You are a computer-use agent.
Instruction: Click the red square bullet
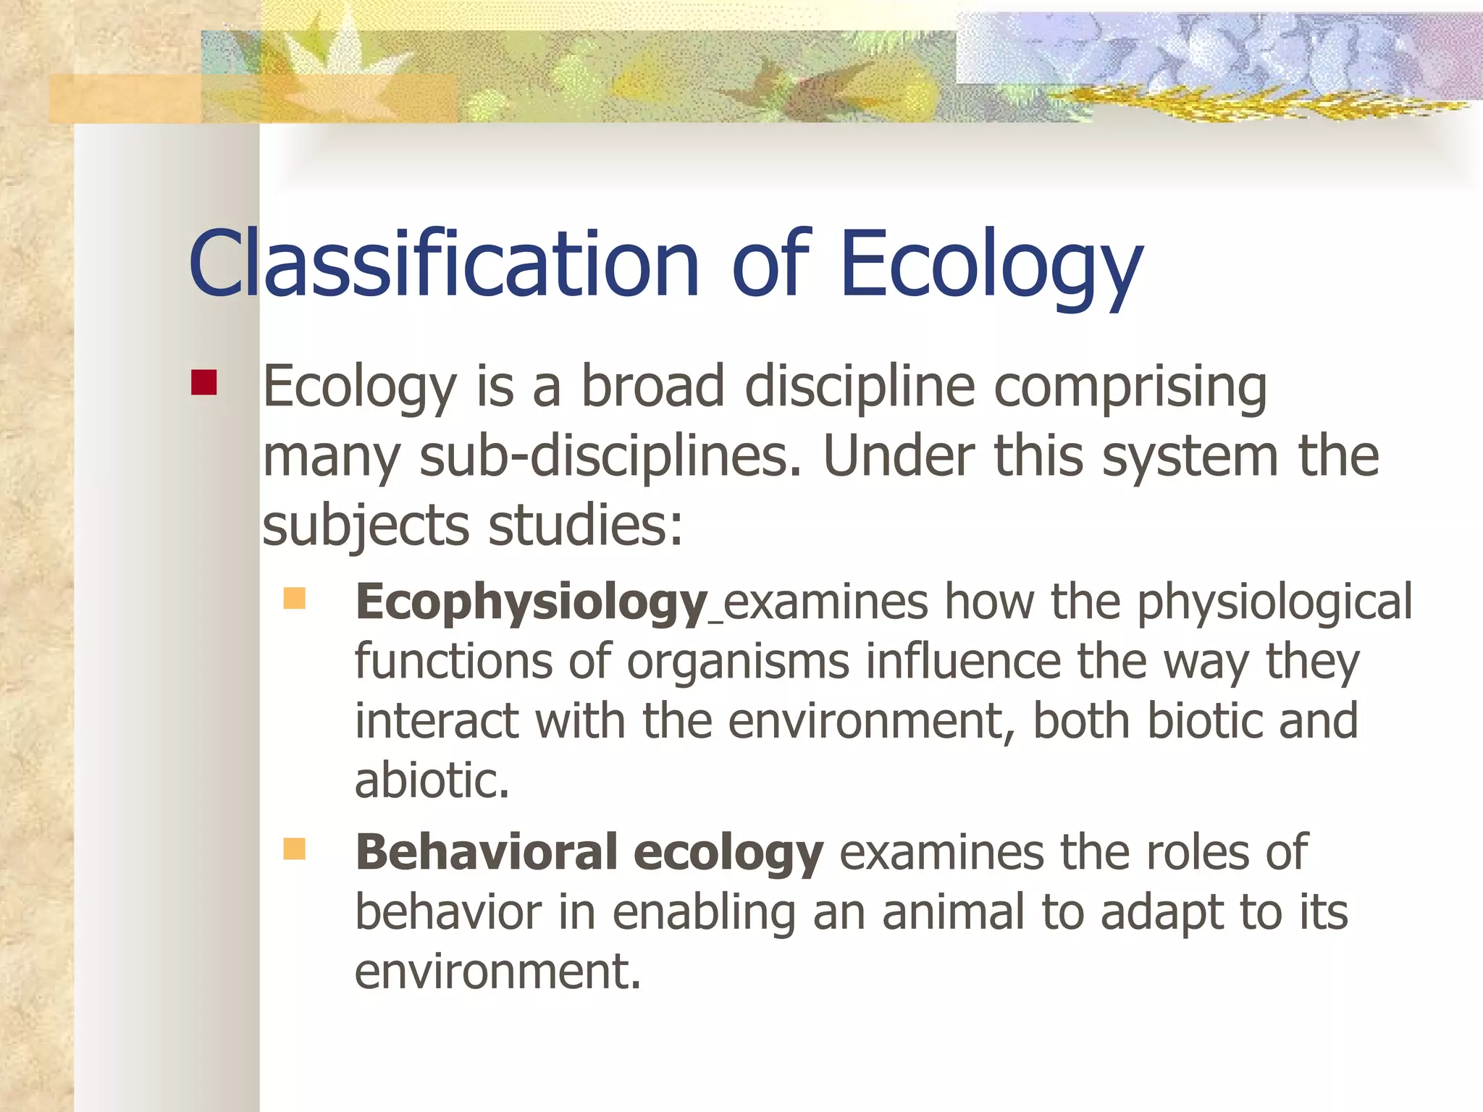(204, 383)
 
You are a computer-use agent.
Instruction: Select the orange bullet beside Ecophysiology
(294, 599)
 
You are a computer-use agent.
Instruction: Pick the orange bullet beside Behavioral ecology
(294, 848)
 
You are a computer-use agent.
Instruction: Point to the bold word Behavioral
(486, 852)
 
